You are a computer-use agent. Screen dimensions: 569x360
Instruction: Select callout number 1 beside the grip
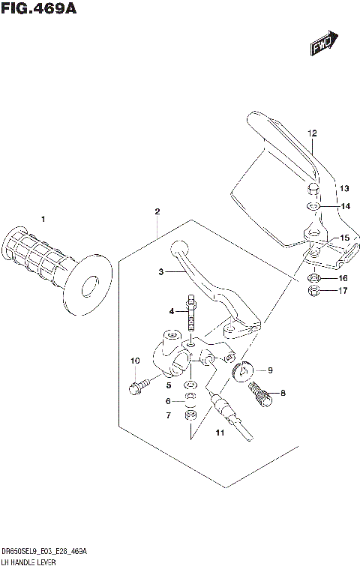43,219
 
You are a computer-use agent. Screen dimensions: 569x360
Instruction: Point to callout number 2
157,212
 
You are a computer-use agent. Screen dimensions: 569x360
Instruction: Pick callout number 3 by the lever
160,273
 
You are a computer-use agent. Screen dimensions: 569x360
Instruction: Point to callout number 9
270,370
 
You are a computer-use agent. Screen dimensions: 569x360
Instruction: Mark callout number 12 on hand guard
312,133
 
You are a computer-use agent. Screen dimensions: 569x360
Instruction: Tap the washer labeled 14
313,206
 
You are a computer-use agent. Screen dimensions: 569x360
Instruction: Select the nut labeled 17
315,291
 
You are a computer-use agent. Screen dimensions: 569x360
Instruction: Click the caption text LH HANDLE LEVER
34,562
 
